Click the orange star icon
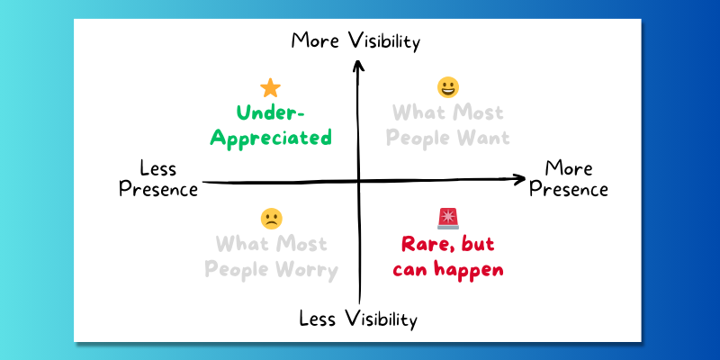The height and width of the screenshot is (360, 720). click(271, 87)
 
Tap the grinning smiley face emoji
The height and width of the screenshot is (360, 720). click(447, 87)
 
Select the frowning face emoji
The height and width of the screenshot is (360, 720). click(272, 219)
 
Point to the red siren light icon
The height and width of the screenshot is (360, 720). click(447, 219)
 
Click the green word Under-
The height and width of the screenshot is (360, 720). click(270, 113)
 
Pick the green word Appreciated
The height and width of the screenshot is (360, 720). click(271, 139)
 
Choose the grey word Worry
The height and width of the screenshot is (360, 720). click(308, 271)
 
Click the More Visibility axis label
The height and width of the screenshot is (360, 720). click(355, 41)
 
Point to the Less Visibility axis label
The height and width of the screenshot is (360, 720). click(358, 319)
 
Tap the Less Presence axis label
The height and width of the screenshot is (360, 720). click(158, 178)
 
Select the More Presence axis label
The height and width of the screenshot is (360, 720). click(569, 178)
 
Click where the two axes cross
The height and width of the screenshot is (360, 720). click(359, 182)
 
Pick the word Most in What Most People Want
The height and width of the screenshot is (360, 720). click(480, 113)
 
